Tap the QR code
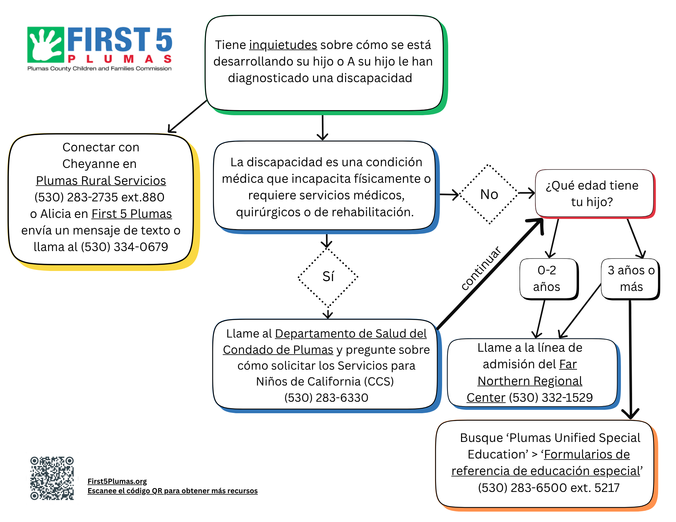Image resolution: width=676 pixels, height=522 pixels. coord(52,478)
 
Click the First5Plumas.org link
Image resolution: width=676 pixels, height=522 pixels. coord(117,481)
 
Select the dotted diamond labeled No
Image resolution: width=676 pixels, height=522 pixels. coord(489,194)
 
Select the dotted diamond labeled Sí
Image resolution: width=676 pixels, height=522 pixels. coord(328,277)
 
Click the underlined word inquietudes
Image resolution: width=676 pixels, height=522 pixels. coord(283,45)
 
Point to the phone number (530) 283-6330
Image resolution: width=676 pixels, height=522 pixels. coord(326,398)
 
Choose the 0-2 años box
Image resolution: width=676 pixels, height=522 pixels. coord(548,278)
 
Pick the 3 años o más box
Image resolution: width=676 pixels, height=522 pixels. coord(631,278)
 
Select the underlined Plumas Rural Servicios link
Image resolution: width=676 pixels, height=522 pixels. coord(101,181)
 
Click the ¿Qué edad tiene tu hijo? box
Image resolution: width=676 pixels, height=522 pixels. coord(594,194)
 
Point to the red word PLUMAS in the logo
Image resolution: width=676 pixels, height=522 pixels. coord(120,59)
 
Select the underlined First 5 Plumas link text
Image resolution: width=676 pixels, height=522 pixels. coord(131,214)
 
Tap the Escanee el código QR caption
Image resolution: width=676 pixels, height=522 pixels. coord(172,491)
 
